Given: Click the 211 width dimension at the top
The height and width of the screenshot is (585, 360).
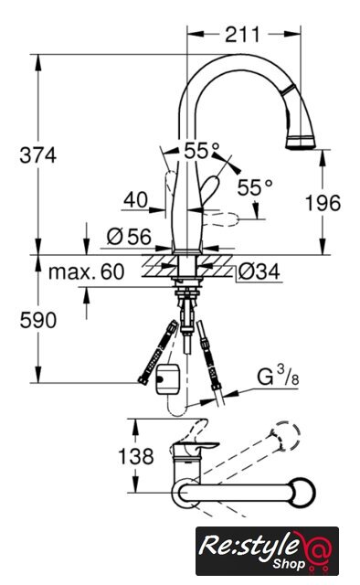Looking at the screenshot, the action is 242,35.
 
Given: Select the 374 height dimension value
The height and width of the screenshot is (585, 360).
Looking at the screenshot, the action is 38,155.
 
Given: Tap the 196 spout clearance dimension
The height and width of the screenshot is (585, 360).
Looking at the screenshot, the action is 323,203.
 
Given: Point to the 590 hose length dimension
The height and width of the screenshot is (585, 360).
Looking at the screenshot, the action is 38,321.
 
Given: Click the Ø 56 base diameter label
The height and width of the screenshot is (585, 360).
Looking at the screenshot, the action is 129,237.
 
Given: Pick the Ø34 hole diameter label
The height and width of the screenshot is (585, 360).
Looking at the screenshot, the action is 259,272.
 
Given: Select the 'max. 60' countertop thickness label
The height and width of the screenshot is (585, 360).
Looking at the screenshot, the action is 86,272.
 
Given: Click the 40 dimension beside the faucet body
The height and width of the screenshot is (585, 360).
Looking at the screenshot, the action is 136,200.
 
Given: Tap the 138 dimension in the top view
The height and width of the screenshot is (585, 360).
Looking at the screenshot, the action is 136,456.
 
